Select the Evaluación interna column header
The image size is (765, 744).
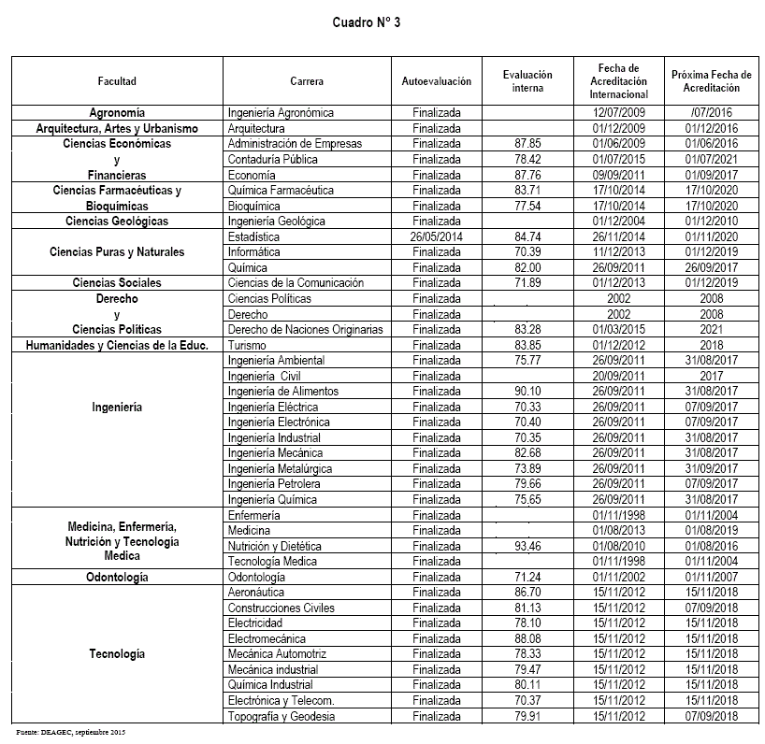pyautogui.click(x=527, y=81)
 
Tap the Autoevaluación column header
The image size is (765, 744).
pyautogui.click(x=436, y=81)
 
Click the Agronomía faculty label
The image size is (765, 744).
pyautogui.click(x=117, y=113)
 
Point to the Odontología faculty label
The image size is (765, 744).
pyautogui.click(x=117, y=578)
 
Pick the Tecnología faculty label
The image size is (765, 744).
pyautogui.click(x=117, y=654)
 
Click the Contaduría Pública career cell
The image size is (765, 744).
pyautogui.click(x=268, y=160)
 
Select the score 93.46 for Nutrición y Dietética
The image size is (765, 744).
pyautogui.click(x=528, y=546)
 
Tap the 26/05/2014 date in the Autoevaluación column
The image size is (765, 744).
pyautogui.click(x=436, y=237)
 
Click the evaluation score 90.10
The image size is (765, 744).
pyautogui.click(x=528, y=392)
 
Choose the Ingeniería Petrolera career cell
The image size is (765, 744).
pyautogui.click(x=274, y=484)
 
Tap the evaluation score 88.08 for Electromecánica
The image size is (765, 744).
pyautogui.click(x=528, y=639)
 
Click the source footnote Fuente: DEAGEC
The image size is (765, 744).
pyautogui.click(x=70, y=731)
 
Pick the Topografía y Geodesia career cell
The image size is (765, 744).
pyautogui.click(x=281, y=717)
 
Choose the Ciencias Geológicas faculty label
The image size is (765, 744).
pyautogui.click(x=117, y=222)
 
